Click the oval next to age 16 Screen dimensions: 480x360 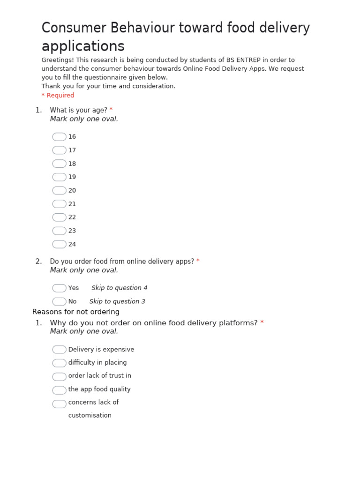click(59, 137)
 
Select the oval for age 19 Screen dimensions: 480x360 click(59, 177)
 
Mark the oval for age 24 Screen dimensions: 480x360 click(59, 244)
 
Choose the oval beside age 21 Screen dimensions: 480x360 click(59, 204)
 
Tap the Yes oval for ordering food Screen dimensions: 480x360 click(59, 288)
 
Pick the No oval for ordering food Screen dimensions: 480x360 click(59, 301)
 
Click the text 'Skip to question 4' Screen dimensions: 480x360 click(119, 288)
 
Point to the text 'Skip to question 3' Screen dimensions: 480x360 click(117, 301)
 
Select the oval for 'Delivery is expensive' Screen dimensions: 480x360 click(59, 350)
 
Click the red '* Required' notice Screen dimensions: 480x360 click(58, 95)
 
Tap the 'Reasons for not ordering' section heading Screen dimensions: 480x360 click(76, 312)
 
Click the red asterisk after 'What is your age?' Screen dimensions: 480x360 click(111, 110)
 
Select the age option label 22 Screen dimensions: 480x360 click(72, 217)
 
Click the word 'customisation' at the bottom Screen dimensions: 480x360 click(90, 415)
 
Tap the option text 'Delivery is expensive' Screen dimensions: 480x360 click(101, 350)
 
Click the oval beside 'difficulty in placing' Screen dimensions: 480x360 click(59, 363)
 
